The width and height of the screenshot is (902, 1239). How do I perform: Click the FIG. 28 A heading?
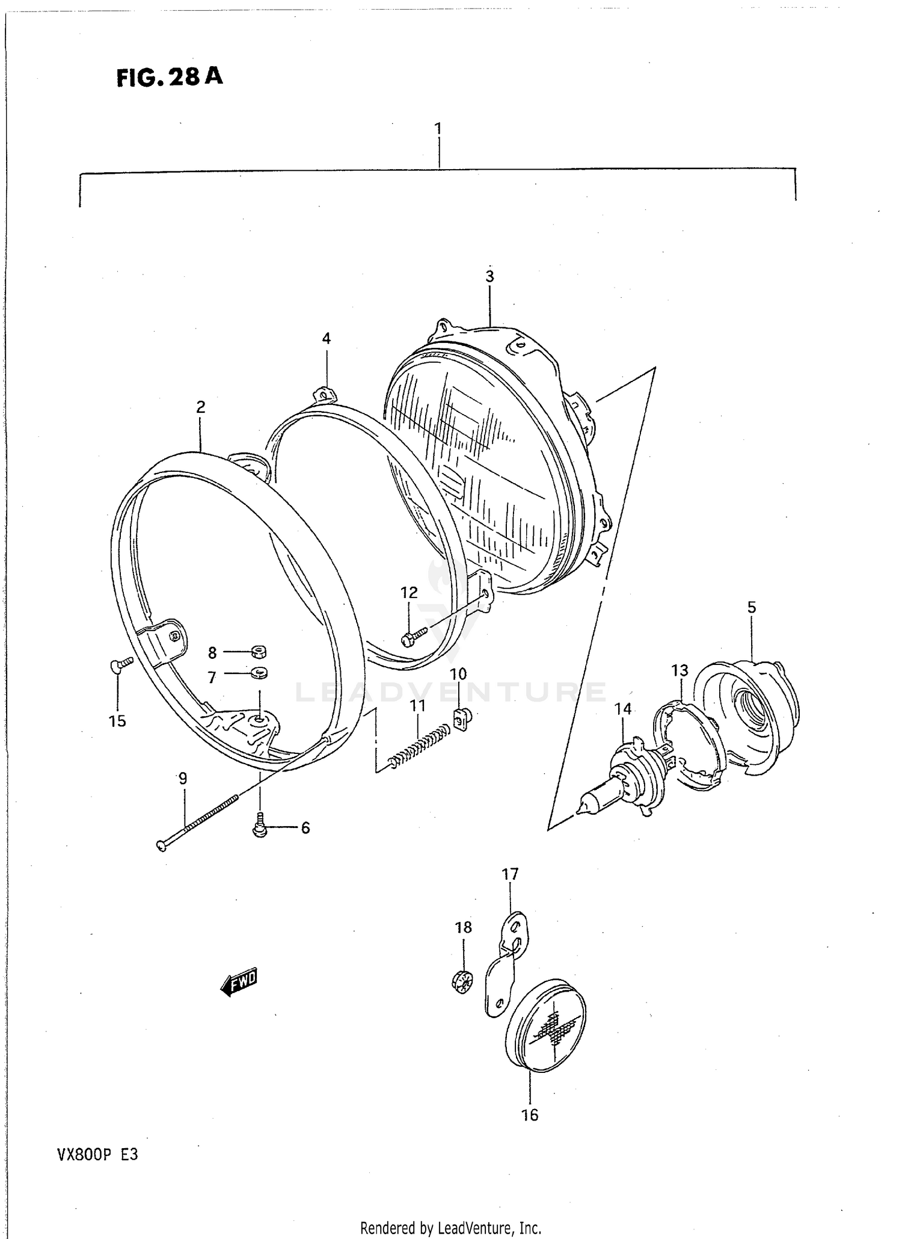(x=170, y=77)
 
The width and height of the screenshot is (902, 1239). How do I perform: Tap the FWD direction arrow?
(x=239, y=982)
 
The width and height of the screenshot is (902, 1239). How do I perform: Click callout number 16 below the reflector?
(x=529, y=1115)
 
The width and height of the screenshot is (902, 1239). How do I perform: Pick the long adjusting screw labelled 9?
(x=198, y=822)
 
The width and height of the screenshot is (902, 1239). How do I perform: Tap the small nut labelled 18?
(x=461, y=983)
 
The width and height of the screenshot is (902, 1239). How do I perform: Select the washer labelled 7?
(x=259, y=672)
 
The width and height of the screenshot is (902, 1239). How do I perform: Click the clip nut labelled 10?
(x=461, y=718)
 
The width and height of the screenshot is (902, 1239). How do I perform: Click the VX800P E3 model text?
(x=97, y=1155)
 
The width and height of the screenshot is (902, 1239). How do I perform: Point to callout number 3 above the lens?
(x=489, y=276)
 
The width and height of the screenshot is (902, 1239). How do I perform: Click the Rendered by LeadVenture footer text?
(x=450, y=1227)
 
